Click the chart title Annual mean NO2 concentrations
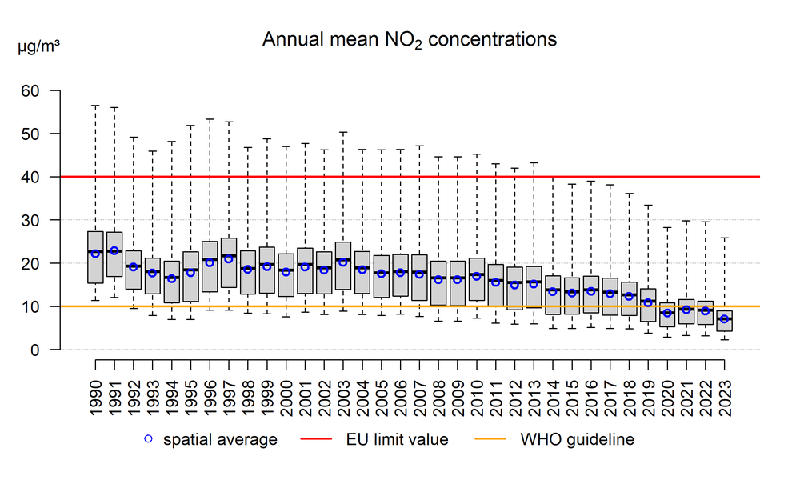tap(410, 39)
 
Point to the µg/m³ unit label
tap(38, 46)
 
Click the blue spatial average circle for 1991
tap(114, 250)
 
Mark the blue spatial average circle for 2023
tap(724, 319)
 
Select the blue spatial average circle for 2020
tap(667, 313)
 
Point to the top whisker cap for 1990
tap(95, 105)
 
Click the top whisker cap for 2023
tap(724, 238)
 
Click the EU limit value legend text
tap(398, 439)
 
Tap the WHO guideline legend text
tap(578, 439)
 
